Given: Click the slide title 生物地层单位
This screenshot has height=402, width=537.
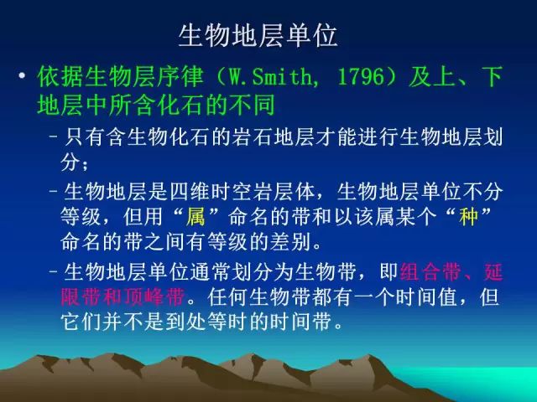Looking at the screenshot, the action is (258, 35).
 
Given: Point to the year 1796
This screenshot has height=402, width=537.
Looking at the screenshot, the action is (361, 77).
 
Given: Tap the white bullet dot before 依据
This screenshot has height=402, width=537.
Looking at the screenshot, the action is (23, 75).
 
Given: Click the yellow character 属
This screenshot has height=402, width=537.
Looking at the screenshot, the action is (196, 217).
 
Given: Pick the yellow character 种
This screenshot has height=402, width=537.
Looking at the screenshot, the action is (468, 217).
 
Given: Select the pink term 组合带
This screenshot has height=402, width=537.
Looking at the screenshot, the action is (430, 272).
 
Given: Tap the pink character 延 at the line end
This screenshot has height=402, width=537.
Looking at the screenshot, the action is (493, 272).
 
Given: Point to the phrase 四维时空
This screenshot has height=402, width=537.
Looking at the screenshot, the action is (211, 192).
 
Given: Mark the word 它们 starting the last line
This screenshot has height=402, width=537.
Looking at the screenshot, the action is (81, 322).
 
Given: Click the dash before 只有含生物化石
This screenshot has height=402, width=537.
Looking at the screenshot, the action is (53, 137).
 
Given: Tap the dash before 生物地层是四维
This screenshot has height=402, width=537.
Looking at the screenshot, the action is (53, 191).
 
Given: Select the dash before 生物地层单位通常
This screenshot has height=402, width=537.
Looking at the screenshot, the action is (53, 271).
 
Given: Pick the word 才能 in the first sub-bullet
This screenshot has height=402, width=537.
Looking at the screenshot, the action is (326, 137).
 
